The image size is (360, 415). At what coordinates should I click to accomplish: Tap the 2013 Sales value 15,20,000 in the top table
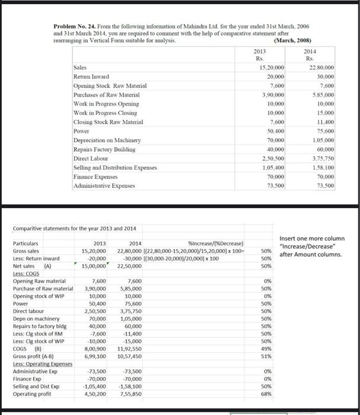click(272, 68)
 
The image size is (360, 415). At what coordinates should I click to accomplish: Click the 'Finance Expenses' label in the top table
click(94, 177)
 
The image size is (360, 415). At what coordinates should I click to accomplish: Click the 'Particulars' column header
click(25, 244)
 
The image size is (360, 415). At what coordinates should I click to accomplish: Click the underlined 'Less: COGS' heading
click(26, 273)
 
